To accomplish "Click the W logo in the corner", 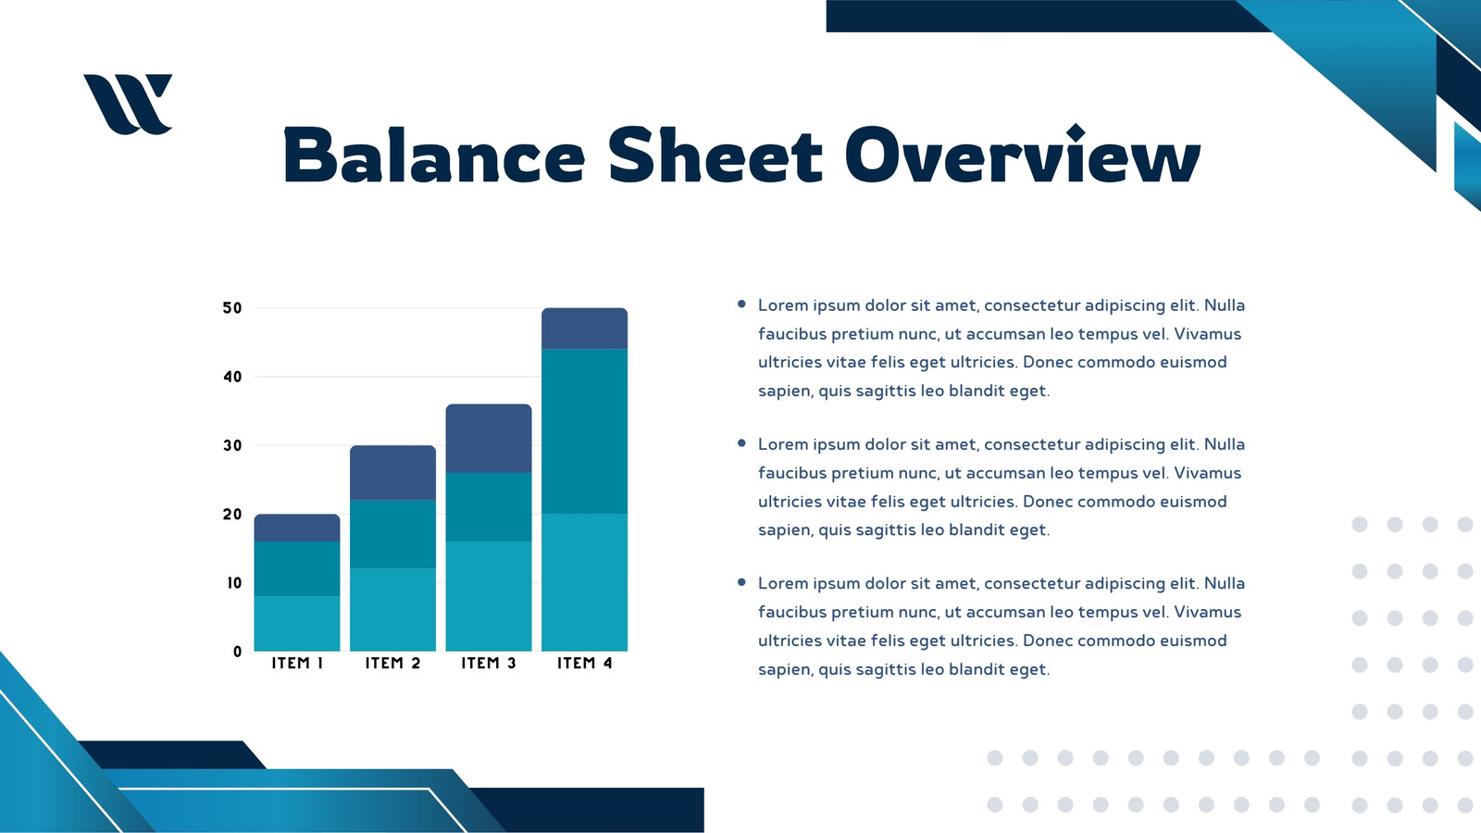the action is pyautogui.click(x=128, y=104).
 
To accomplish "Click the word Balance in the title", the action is pyautogui.click(x=434, y=156).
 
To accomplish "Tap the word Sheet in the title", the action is pyautogui.click(x=716, y=155).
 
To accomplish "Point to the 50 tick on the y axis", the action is pyautogui.click(x=232, y=308).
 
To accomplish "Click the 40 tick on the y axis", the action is pyautogui.click(x=232, y=377).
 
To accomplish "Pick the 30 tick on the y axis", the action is pyautogui.click(x=232, y=445).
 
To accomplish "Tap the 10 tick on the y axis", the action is pyautogui.click(x=234, y=583).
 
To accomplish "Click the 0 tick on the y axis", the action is pyautogui.click(x=237, y=652).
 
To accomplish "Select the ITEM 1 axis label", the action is pyautogui.click(x=297, y=663).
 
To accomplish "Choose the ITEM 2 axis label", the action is pyautogui.click(x=392, y=663).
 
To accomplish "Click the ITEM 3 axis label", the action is pyautogui.click(x=489, y=663).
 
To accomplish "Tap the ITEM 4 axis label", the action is pyautogui.click(x=584, y=663).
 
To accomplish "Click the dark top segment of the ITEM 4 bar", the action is pyautogui.click(x=584, y=329).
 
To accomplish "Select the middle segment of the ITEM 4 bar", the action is pyautogui.click(x=584, y=431).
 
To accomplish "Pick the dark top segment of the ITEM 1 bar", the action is pyautogui.click(x=297, y=528).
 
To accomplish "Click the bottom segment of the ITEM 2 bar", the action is pyautogui.click(x=392, y=610).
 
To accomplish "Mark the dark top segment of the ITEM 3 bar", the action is pyautogui.click(x=489, y=439).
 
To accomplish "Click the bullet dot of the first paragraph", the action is pyautogui.click(x=741, y=305).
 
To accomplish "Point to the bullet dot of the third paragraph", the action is pyautogui.click(x=741, y=582).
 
